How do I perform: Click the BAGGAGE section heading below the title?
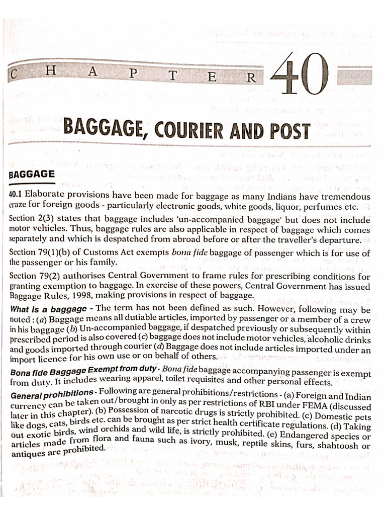click(32, 174)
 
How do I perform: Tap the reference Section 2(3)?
click(32, 219)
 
